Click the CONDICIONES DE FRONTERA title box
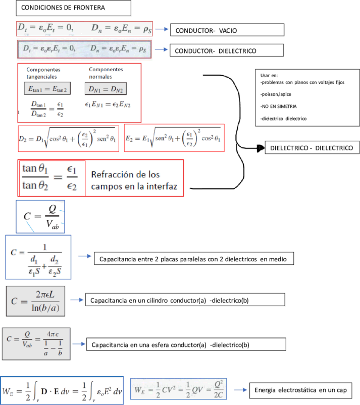pyautogui.click(x=73, y=8)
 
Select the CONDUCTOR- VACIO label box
pyautogui.click(x=227, y=30)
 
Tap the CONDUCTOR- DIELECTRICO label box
pyautogui.click(x=227, y=50)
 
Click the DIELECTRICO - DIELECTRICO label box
pyautogui.click(x=312, y=147)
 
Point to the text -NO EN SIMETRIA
pyautogui.click(x=278, y=106)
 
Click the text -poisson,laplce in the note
pyautogui.click(x=276, y=94)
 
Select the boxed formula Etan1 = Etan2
pyautogui.click(x=47, y=89)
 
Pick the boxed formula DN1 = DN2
pyautogui.click(x=106, y=89)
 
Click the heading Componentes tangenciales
pyautogui.click(x=43, y=73)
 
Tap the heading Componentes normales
pyautogui.click(x=106, y=73)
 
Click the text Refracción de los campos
pyautogui.click(x=134, y=180)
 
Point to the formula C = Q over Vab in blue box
pyautogui.click(x=40, y=217)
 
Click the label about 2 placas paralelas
pyautogui.click(x=194, y=259)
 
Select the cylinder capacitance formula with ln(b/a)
pyautogui.click(x=35, y=301)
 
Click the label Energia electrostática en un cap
pyautogui.click(x=301, y=390)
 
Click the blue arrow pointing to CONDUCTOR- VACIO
pyautogui.click(x=162, y=29)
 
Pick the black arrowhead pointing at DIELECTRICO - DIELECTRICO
pyautogui.click(x=261, y=148)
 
